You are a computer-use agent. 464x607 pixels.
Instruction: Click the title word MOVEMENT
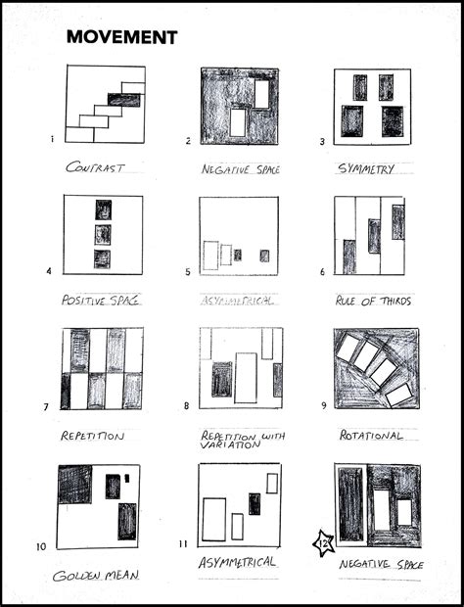click(x=121, y=38)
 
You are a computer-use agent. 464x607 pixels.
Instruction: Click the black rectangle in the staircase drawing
click(x=123, y=100)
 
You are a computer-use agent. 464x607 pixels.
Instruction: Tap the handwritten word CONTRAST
click(x=96, y=167)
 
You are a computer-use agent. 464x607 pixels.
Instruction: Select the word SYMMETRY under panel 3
click(x=366, y=168)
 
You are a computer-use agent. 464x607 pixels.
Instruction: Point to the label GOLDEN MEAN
click(x=96, y=575)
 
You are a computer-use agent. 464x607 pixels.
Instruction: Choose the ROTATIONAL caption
click(x=371, y=435)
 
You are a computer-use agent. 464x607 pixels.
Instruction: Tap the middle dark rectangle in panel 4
click(x=103, y=235)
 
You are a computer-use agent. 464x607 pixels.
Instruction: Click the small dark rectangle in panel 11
click(x=255, y=503)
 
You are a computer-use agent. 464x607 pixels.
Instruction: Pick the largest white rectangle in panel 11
click(x=213, y=519)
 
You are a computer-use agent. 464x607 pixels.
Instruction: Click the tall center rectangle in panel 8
click(x=245, y=378)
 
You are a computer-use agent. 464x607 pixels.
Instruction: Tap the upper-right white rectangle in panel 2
click(x=261, y=92)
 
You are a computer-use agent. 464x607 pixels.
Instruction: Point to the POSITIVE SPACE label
click(x=96, y=300)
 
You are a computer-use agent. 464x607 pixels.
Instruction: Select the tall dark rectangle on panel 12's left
click(x=349, y=505)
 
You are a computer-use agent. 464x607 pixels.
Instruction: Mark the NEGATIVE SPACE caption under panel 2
click(x=240, y=168)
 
